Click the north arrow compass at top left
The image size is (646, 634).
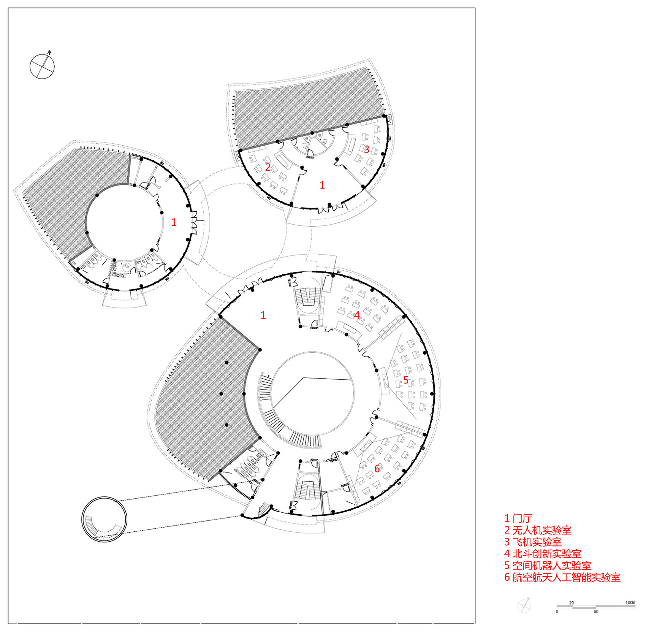click(42, 67)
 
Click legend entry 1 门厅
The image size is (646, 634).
click(518, 518)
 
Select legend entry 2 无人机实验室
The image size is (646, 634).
click(538, 530)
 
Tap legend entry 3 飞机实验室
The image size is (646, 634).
click(533, 542)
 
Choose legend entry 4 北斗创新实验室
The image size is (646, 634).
click(543, 554)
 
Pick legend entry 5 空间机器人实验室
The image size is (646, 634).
click(548, 566)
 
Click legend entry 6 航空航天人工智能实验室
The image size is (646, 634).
click(562, 577)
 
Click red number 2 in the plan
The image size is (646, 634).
click(268, 167)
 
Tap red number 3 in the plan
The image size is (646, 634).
click(367, 149)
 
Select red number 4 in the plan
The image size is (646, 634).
click(357, 315)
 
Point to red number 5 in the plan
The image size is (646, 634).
click(406, 380)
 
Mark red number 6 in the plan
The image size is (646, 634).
click(377, 468)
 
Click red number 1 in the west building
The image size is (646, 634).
click(174, 222)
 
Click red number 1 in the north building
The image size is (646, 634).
click(322, 185)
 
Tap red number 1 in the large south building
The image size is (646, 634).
click(263, 315)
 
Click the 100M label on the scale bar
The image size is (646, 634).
click(630, 602)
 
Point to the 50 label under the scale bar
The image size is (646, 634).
click(596, 612)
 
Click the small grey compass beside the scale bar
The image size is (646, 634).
click(524, 605)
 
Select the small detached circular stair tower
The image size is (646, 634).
click(104, 519)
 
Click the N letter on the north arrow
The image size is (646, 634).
click(49, 53)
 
